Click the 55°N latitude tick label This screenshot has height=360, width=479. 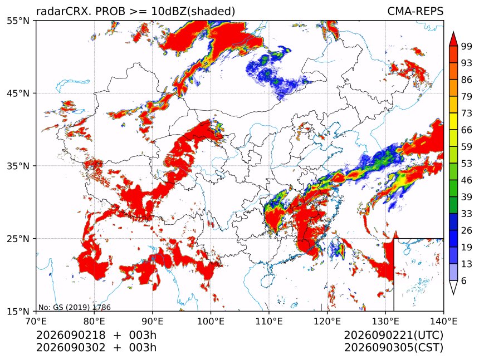tap(18, 21)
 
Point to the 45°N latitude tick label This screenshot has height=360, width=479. tap(18, 93)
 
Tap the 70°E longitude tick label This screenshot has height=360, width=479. tap(36, 321)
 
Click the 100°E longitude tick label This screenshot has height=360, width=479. tap(211, 321)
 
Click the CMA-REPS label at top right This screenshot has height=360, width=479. tap(415, 11)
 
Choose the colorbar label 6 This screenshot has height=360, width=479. tap(464, 280)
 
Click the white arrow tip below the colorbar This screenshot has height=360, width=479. tap(453, 294)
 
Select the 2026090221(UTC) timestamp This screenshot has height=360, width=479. tap(393, 336)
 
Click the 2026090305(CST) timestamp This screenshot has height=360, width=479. tap(393, 348)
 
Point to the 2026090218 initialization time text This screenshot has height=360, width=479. tap(71, 335)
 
